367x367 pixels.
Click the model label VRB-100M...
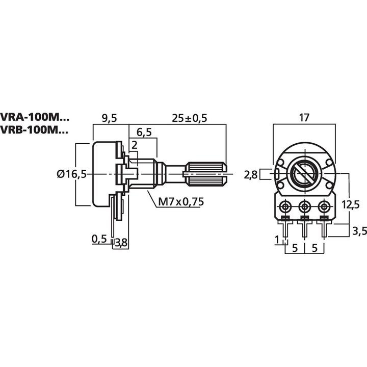point(34,130)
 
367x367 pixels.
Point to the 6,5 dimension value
point(144,133)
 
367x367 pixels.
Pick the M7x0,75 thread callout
point(180,202)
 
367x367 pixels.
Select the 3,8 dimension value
point(121,243)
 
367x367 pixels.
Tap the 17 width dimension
point(304,118)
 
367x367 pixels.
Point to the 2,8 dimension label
point(251,175)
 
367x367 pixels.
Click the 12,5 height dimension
point(351,204)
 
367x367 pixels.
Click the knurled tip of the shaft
point(206,174)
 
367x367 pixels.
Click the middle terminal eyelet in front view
point(305,206)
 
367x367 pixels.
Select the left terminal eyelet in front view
point(285,206)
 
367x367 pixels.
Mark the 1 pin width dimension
point(277,240)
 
